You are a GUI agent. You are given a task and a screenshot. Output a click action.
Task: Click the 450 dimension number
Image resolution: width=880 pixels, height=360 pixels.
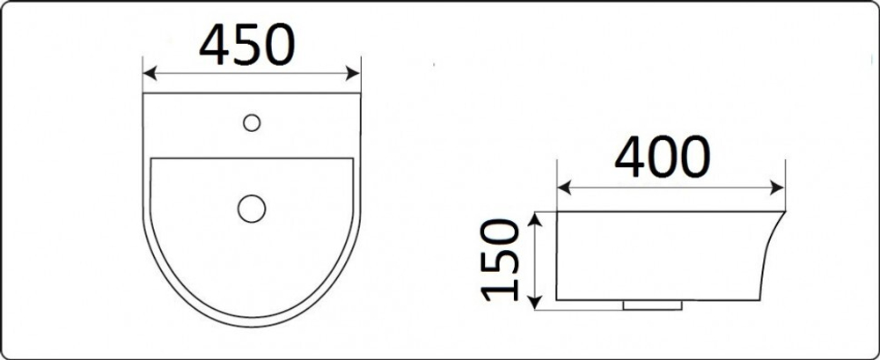pyautogui.click(x=247, y=44)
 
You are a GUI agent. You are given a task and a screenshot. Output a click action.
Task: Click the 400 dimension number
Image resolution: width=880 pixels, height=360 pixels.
pyautogui.click(x=663, y=157)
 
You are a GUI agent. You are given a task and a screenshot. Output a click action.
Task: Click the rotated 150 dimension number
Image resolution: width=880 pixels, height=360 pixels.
pyautogui.click(x=500, y=261)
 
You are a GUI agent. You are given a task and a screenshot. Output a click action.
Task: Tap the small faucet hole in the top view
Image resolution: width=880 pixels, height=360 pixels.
pyautogui.click(x=252, y=122)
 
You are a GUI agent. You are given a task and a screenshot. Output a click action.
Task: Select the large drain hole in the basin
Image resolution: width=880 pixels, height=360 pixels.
pyautogui.click(x=252, y=209)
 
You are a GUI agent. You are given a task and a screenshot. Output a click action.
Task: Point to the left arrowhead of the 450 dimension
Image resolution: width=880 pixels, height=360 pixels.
pyautogui.click(x=150, y=73)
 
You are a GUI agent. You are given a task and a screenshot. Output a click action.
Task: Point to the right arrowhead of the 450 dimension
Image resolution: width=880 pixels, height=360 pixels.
pyautogui.click(x=353, y=73)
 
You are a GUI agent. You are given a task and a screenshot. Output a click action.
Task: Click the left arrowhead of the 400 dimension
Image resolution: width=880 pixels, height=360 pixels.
pyautogui.click(x=564, y=187)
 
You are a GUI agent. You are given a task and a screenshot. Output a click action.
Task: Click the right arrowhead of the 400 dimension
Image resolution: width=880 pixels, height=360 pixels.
pyautogui.click(x=777, y=187)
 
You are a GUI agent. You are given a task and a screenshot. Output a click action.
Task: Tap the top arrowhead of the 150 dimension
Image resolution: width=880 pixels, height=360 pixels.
pyautogui.click(x=535, y=219)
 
